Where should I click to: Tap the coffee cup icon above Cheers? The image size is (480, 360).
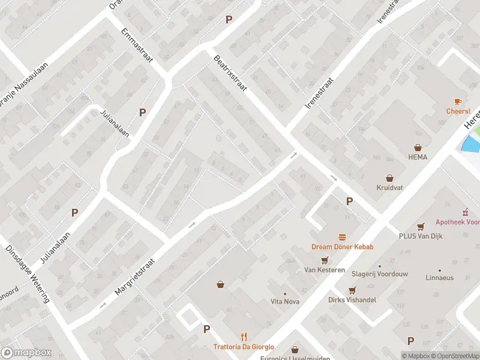coord(458,101)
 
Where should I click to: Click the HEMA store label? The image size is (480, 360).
coord(417,157)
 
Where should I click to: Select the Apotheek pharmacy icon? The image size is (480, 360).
coord(464,212)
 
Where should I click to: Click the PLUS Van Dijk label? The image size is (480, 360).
coord(421,236)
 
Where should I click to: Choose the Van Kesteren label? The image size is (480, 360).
coord(324,270)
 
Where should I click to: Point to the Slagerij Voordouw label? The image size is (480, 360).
coord(379,274)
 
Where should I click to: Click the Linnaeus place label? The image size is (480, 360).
coord(439,278)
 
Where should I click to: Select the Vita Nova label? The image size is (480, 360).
coord(285,301)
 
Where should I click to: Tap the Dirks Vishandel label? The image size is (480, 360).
coord(352,299)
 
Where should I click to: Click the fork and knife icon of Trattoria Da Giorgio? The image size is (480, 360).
coord(244,337)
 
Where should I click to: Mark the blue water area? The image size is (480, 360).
coord(472,144)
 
